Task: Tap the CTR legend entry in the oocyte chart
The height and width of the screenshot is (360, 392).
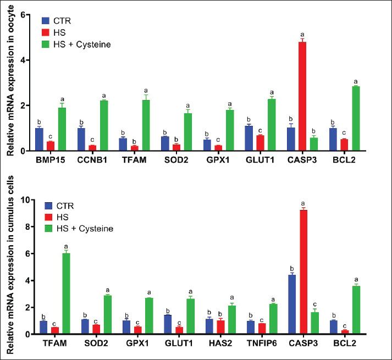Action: [58, 21]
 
